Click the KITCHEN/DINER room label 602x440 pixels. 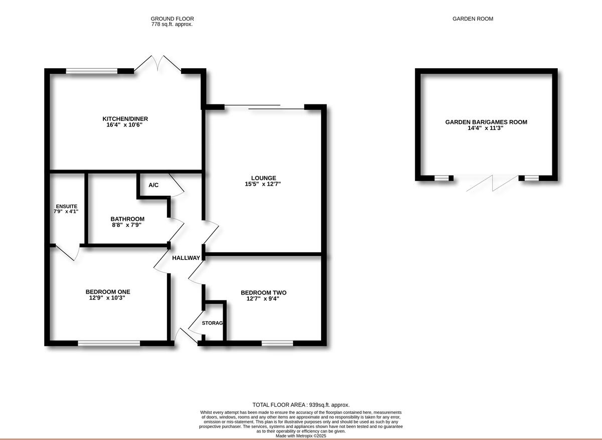[125, 119]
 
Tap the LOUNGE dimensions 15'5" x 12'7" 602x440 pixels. [264, 184]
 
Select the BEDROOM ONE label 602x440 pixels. [108, 291]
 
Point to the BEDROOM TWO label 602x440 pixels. [263, 293]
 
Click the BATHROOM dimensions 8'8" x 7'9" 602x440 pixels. [127, 225]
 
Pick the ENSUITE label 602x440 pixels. [67, 206]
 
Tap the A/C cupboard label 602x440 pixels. [154, 185]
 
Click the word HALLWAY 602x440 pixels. [186, 258]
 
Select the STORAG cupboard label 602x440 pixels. [212, 323]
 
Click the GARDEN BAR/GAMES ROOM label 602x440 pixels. [486, 122]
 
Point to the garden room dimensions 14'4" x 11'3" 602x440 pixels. [486, 128]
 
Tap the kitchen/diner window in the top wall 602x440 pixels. [92, 71]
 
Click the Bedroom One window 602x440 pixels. [109, 343]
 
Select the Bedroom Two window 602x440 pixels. [277, 343]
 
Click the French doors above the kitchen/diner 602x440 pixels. [158, 64]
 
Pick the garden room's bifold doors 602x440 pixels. [492, 183]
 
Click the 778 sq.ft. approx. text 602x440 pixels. [172, 24]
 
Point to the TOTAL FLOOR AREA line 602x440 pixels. [300, 405]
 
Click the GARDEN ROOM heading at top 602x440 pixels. [473, 19]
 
